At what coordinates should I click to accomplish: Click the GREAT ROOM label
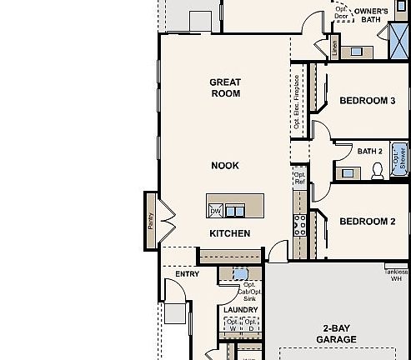pyautogui.click(x=225, y=87)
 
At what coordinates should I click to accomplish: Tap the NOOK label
pyautogui.click(x=224, y=166)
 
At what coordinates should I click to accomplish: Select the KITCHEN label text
pyautogui.click(x=229, y=233)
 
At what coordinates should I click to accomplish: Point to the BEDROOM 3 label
pyautogui.click(x=367, y=101)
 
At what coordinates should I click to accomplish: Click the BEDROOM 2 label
pyautogui.click(x=367, y=222)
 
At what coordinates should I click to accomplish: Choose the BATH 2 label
pyautogui.click(x=369, y=152)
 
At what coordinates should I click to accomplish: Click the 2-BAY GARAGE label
pyautogui.click(x=336, y=333)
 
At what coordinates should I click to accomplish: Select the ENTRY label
pyautogui.click(x=187, y=274)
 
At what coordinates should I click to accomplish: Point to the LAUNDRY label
pyautogui.click(x=241, y=310)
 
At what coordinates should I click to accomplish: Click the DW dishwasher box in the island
pyautogui.click(x=215, y=211)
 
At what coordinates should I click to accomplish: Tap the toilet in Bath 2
pyautogui.click(x=376, y=170)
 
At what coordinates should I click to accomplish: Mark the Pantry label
pyautogui.click(x=151, y=221)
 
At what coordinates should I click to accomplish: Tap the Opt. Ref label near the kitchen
pyautogui.click(x=298, y=177)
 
